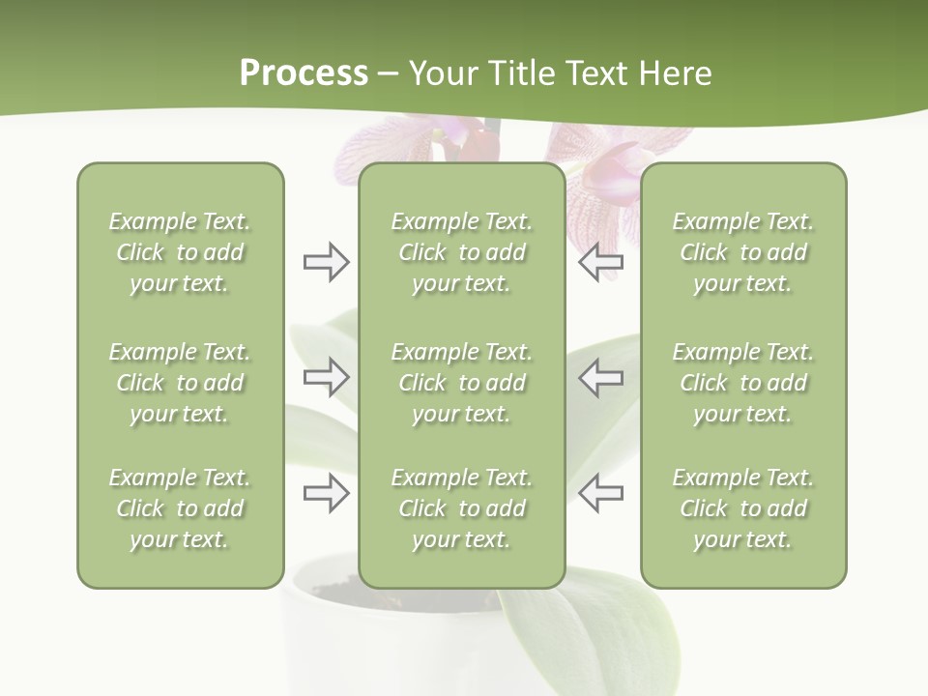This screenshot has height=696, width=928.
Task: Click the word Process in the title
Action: [304, 73]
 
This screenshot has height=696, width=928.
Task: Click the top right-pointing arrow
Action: [326, 262]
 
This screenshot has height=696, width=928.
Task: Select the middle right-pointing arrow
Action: [326, 377]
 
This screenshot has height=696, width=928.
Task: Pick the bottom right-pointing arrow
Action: [326, 493]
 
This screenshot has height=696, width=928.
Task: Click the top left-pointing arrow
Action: [600, 262]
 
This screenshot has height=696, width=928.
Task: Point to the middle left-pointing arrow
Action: [600, 377]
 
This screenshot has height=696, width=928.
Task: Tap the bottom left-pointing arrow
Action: [600, 493]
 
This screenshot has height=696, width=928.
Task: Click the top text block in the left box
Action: [180, 252]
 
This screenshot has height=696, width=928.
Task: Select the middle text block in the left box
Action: [180, 383]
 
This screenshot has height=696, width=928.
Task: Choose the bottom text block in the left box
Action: [180, 508]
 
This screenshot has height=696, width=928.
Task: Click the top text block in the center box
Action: [462, 252]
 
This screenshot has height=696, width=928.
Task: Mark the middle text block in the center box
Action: [462, 383]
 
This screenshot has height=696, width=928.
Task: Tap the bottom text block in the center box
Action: [462, 508]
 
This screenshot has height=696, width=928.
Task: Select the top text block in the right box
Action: [743, 252]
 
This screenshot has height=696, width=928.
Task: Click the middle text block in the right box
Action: [743, 383]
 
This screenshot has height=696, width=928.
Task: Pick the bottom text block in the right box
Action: [743, 508]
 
